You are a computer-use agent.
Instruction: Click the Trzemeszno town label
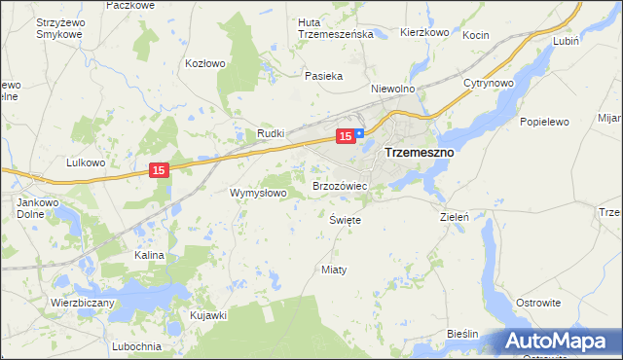click(421, 153)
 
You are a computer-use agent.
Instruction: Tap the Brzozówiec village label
click(339, 185)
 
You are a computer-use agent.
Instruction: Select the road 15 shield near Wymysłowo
click(161, 170)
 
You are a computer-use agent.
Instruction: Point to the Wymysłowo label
click(258, 193)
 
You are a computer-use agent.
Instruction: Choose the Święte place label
click(346, 220)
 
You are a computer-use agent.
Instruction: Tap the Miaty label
click(334, 269)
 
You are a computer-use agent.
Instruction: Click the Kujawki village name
click(208, 315)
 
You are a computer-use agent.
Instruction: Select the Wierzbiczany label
click(83, 303)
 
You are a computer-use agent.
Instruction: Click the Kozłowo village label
click(205, 63)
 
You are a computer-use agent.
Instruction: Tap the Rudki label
click(270, 133)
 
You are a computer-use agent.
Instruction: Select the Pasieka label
click(324, 75)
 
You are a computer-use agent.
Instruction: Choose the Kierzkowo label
click(424, 32)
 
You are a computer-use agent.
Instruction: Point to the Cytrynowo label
click(488, 83)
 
